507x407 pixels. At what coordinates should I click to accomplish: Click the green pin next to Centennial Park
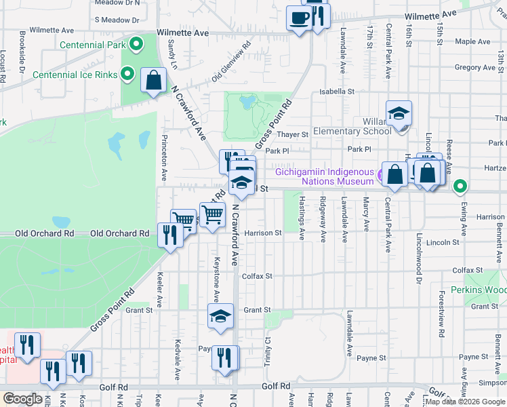tap(136, 45)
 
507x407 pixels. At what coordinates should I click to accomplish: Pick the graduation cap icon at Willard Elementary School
tap(399, 113)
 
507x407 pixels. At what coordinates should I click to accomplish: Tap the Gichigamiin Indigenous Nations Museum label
tap(324, 176)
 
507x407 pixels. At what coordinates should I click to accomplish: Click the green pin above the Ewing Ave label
tap(461, 185)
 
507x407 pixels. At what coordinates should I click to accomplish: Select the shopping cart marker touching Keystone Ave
tap(213, 214)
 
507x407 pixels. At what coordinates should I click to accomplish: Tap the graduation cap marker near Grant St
tap(220, 317)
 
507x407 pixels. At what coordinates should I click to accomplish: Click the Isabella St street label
tap(337, 91)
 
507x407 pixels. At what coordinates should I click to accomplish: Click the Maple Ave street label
tap(472, 41)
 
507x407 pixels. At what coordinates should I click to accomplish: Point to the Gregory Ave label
tap(475, 67)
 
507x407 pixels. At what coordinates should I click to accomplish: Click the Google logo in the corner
tap(22, 399)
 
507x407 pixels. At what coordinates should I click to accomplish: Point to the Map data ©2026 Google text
tap(464, 402)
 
